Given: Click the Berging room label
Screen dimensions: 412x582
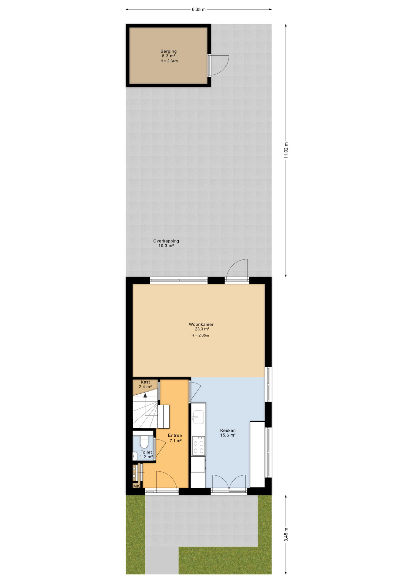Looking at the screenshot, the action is click(x=168, y=51).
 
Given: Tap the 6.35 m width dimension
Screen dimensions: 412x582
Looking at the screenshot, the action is click(x=199, y=9).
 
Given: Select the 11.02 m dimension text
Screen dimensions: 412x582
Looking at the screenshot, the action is click(x=286, y=150).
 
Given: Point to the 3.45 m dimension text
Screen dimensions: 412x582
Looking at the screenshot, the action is click(x=286, y=534).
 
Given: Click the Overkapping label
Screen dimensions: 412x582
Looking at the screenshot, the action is click(x=166, y=241).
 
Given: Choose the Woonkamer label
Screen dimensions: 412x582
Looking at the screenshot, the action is click(x=201, y=324).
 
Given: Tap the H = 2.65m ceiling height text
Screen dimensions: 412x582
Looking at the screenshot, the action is click(x=200, y=335).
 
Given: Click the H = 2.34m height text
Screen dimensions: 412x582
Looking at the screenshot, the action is click(x=169, y=61).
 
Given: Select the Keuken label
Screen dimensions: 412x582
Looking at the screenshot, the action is click(x=228, y=430).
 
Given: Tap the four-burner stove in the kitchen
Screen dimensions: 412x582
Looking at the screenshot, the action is click(x=198, y=445).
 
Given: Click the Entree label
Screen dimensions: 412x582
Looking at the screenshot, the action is click(x=175, y=435).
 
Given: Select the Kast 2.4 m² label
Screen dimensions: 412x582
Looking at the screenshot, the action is click(x=145, y=384).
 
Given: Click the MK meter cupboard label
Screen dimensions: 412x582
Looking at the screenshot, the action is click(x=137, y=486).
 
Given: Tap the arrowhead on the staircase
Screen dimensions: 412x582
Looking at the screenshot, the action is click(x=145, y=395).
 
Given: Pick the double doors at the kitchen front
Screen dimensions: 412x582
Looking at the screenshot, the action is click(x=229, y=483).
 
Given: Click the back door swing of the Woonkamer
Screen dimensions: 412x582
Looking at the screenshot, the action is click(x=237, y=269).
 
